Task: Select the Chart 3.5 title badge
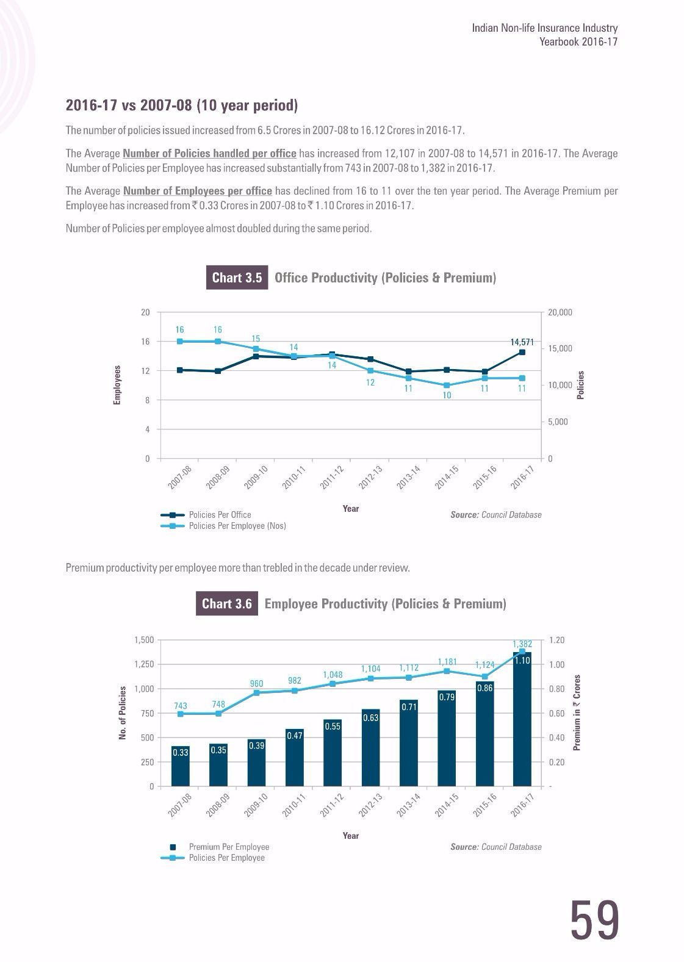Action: click(x=237, y=278)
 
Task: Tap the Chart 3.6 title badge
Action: click(x=227, y=603)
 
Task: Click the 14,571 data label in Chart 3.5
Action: click(x=522, y=342)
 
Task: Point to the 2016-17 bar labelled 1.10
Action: click(x=522, y=719)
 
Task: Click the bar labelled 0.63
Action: click(x=370, y=748)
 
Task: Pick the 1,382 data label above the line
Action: click(x=522, y=644)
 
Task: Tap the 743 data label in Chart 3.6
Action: click(x=181, y=706)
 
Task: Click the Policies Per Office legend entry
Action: click(x=206, y=514)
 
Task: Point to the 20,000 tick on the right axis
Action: click(x=560, y=312)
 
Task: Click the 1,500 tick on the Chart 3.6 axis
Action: click(x=144, y=640)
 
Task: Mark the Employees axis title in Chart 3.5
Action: click(x=117, y=385)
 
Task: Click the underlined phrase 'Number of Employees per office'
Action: click(x=198, y=191)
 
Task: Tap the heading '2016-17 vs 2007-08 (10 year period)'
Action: click(x=182, y=105)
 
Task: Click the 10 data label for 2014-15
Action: click(x=447, y=395)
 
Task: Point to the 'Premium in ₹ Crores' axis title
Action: click(x=577, y=713)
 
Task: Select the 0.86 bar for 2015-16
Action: click(x=484, y=734)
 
